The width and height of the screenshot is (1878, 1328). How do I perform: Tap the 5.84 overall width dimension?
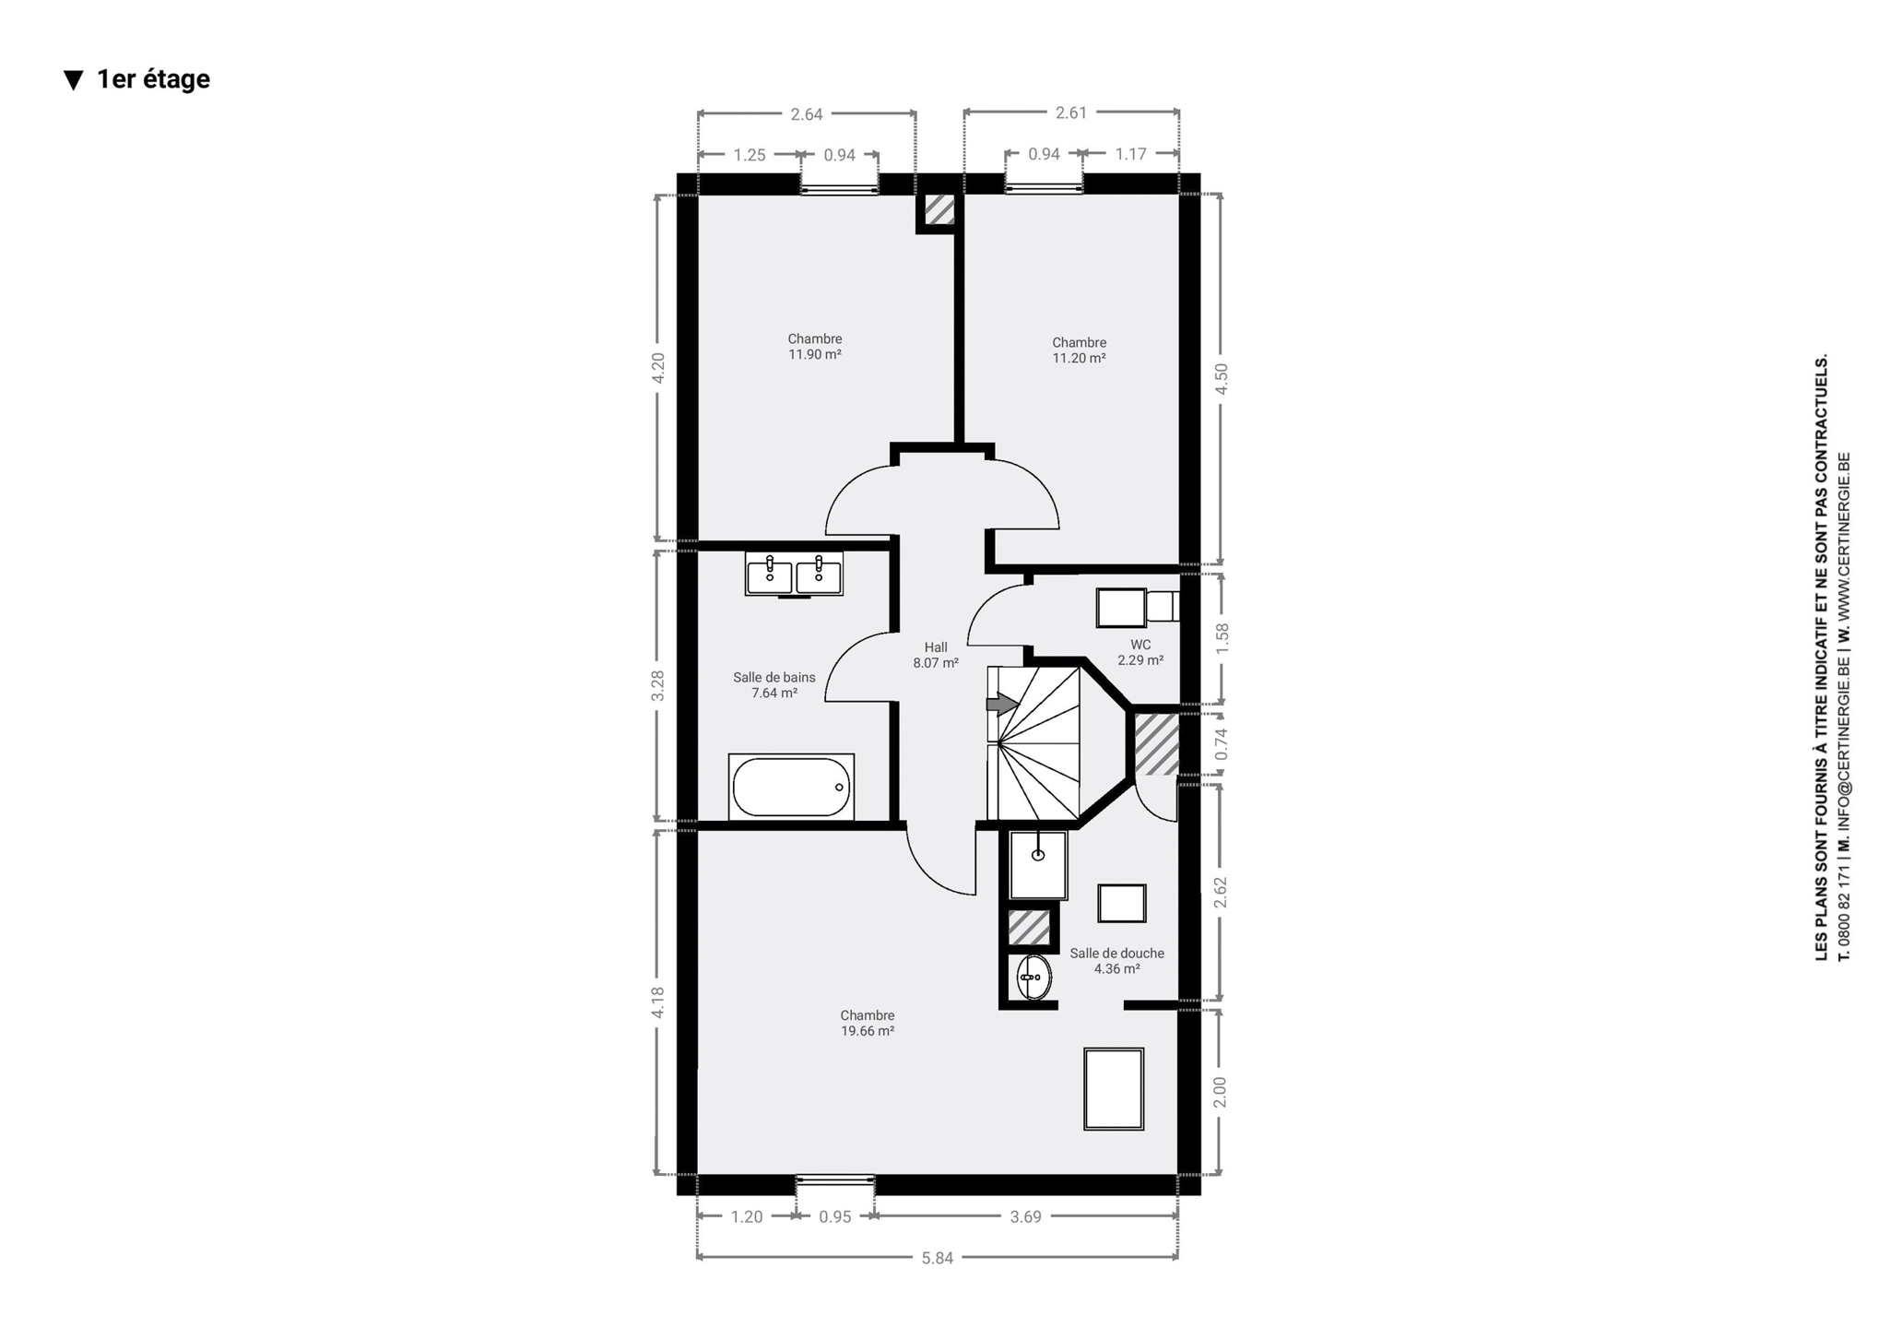pyautogui.click(x=937, y=1258)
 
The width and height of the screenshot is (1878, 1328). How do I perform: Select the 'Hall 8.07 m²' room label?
pyautogui.click(x=936, y=655)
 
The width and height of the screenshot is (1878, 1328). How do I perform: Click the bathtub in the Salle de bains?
pyautogui.click(x=792, y=787)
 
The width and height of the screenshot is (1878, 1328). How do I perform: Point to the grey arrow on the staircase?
pyautogui.click(x=1002, y=705)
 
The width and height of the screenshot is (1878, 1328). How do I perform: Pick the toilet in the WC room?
pyautogui.click(x=1137, y=607)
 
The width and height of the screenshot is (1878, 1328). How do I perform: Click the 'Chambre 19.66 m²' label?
pyautogui.click(x=868, y=1023)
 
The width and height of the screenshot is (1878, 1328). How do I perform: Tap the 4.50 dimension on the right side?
pyautogui.click(x=1221, y=378)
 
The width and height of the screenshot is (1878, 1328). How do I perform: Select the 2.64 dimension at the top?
pyautogui.click(x=807, y=114)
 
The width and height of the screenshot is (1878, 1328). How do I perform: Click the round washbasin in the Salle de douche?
pyautogui.click(x=1033, y=977)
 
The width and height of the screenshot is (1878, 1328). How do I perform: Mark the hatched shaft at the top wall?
pyautogui.click(x=939, y=209)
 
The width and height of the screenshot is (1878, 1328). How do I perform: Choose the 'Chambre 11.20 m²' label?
pyautogui.click(x=1080, y=350)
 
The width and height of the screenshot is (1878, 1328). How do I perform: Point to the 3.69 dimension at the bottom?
pyautogui.click(x=1025, y=1216)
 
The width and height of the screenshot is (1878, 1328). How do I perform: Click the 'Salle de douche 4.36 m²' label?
pyautogui.click(x=1117, y=961)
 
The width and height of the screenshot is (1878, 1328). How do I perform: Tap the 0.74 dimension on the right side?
pyautogui.click(x=1221, y=744)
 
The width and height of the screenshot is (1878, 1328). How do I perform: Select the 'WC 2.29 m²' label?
pyautogui.click(x=1140, y=652)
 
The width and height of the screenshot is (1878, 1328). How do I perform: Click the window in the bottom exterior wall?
pyautogui.click(x=835, y=1179)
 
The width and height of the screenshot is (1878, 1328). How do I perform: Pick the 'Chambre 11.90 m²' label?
pyautogui.click(x=815, y=347)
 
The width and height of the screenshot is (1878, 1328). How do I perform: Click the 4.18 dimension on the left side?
pyautogui.click(x=657, y=1002)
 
